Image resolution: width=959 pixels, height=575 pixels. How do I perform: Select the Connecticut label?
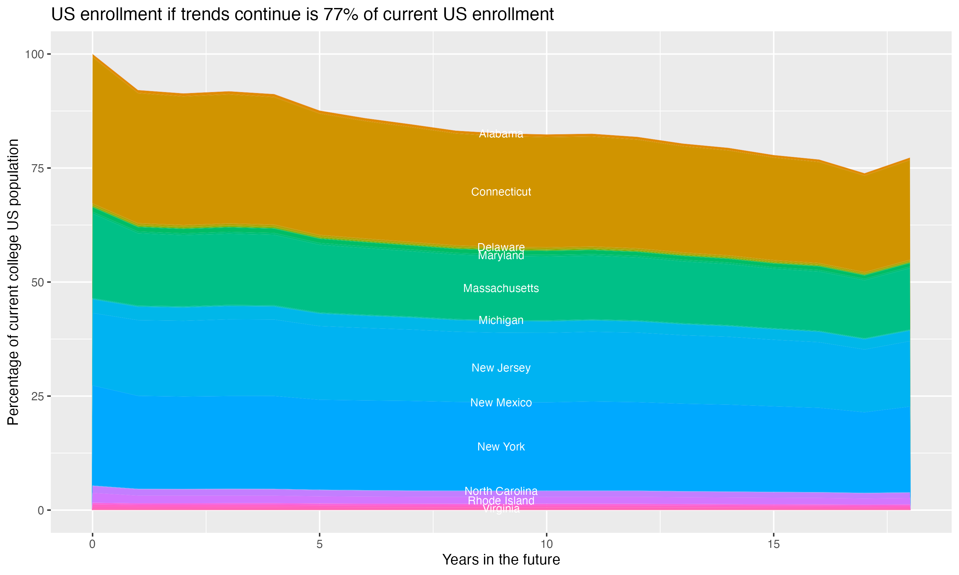[501, 192]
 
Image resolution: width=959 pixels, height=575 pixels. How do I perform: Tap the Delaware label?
[501, 247]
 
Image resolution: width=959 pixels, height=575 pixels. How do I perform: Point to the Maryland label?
[501, 256]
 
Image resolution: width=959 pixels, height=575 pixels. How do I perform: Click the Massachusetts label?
[501, 288]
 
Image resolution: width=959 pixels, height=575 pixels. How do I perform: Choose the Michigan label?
[501, 320]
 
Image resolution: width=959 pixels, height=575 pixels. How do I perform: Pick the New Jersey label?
[501, 368]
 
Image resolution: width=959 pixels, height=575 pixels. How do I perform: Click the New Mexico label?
[501, 402]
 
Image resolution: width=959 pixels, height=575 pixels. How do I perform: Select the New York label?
[501, 447]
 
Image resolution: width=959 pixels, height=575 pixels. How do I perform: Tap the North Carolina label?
[501, 491]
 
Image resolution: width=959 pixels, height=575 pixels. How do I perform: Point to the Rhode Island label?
[501, 501]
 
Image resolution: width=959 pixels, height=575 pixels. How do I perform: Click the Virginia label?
[501, 509]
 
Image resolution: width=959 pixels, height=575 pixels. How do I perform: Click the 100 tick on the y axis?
[34, 54]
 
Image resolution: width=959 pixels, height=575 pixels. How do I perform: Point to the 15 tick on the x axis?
[773, 544]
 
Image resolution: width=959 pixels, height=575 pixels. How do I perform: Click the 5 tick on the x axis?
[319, 544]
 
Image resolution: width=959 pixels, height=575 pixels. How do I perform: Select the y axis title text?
[13, 282]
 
